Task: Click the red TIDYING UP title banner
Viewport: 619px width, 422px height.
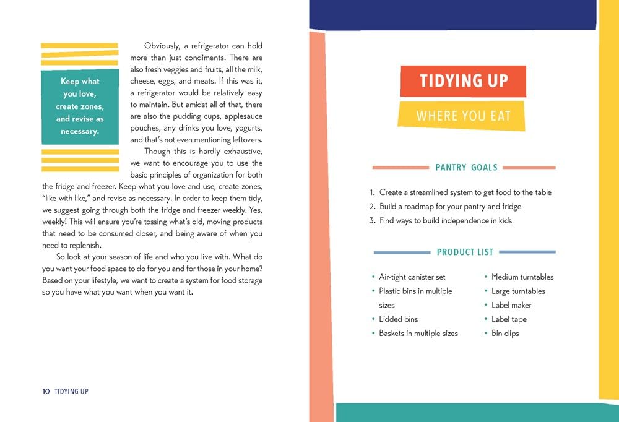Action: pyautogui.click(x=464, y=81)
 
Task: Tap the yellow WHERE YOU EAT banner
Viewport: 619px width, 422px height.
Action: pyautogui.click(x=463, y=116)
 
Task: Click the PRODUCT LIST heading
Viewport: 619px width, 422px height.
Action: pyautogui.click(x=465, y=252)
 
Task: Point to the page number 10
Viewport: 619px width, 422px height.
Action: pyautogui.click(x=46, y=392)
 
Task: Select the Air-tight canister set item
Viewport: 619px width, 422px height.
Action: pyautogui.click(x=412, y=277)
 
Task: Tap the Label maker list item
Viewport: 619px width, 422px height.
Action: pyautogui.click(x=511, y=305)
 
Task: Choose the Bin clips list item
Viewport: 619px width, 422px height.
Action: pyautogui.click(x=505, y=334)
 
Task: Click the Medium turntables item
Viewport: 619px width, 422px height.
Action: pyautogui.click(x=522, y=277)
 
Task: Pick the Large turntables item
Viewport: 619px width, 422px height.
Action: pyautogui.click(x=518, y=291)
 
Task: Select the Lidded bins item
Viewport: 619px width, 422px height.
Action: pyautogui.click(x=398, y=319)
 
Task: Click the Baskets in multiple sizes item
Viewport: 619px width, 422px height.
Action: pyautogui.click(x=418, y=334)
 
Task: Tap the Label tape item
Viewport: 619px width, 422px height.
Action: pyautogui.click(x=509, y=319)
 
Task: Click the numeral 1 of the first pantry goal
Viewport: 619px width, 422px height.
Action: pyautogui.click(x=372, y=192)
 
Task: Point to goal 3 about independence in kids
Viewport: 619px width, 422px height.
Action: pyautogui.click(x=445, y=221)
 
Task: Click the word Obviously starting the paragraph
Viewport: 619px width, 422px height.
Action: pyautogui.click(x=163, y=46)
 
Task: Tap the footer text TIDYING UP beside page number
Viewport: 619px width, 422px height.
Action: pyautogui.click(x=71, y=392)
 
